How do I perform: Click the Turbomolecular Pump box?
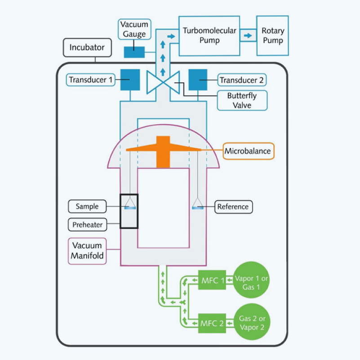coord(209,35)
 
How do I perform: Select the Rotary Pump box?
coord(272,35)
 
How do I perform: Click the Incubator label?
coord(87,47)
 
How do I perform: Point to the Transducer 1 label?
coord(90,80)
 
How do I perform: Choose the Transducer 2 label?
coord(242,81)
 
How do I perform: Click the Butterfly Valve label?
coord(242,100)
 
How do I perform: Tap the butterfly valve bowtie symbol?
coord(163,81)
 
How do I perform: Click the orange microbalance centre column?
coord(163,155)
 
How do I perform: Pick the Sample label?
coord(87,207)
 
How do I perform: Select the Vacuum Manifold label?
coord(86,251)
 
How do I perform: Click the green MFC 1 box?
coord(212,280)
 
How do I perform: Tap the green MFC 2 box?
coord(212,323)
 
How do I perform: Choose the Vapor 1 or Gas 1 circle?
coord(252,280)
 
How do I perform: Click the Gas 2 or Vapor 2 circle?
coord(252,323)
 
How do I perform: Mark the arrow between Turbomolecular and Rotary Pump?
coord(247,35)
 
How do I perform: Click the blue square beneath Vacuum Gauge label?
coord(134,52)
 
